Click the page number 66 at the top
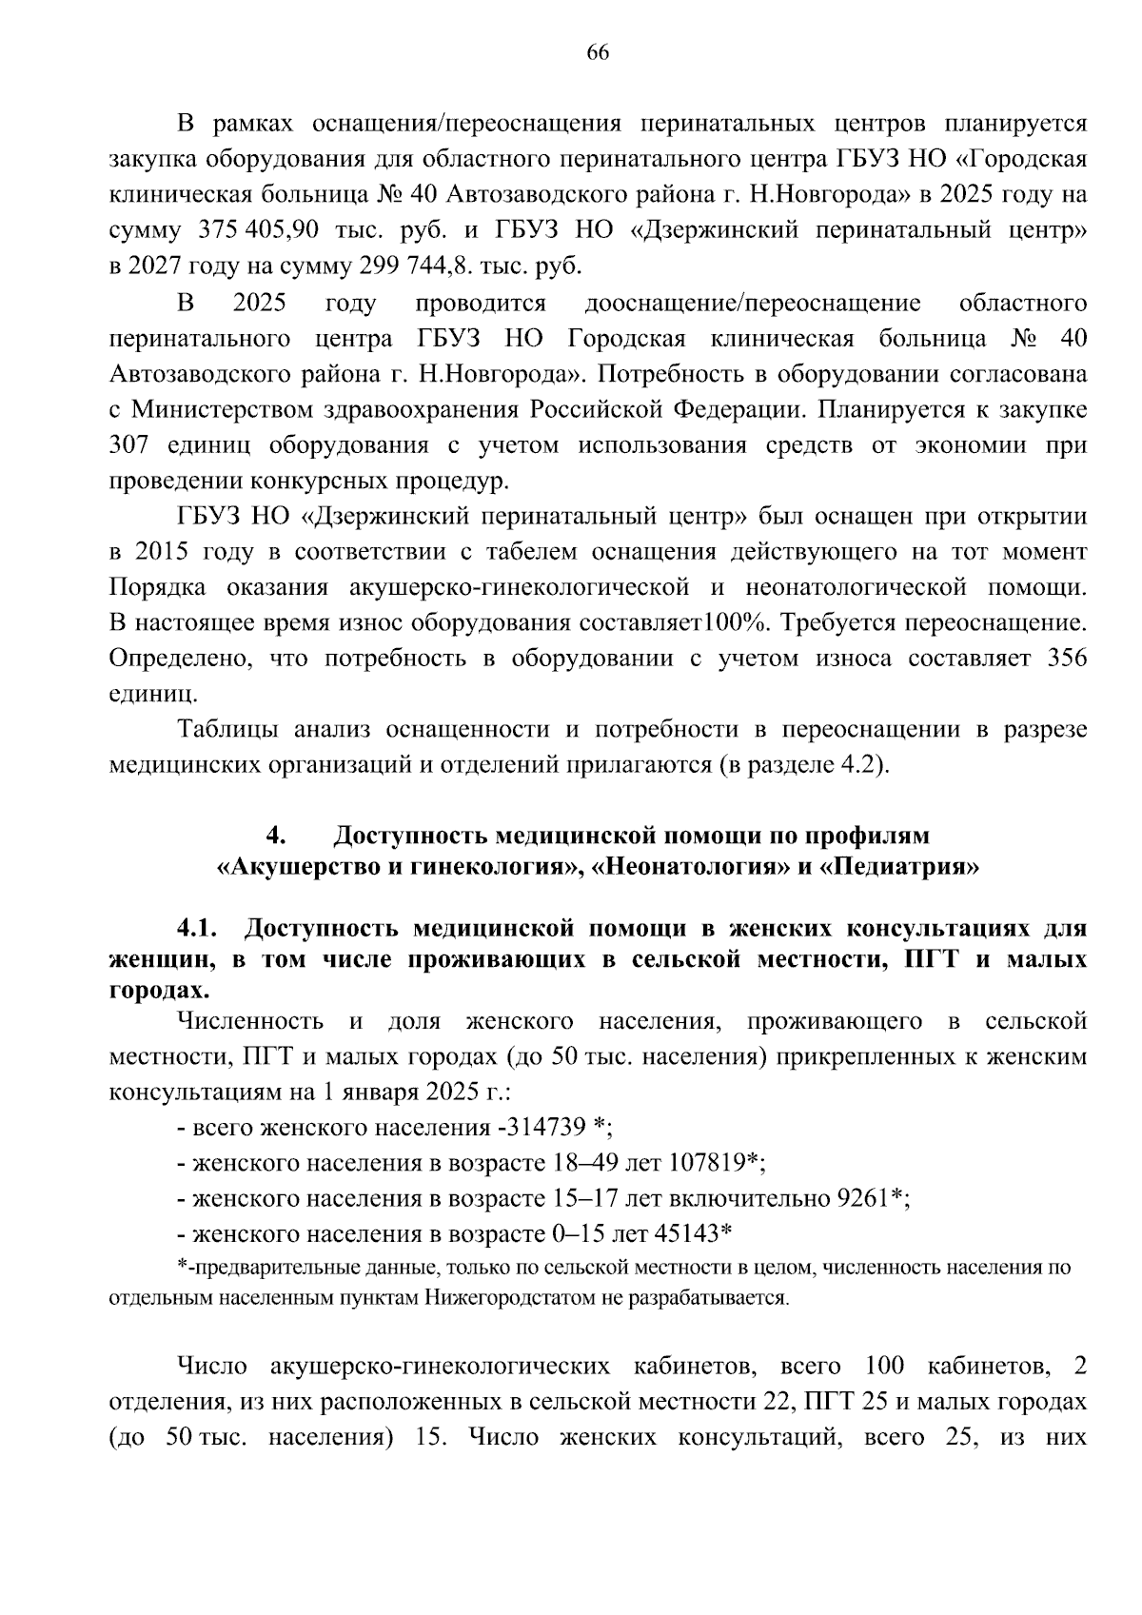[598, 52]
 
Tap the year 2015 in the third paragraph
[164, 552]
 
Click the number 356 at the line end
[1067, 659]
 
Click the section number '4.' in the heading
[276, 836]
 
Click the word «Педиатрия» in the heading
[899, 868]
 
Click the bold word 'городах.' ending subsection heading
[154, 990]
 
